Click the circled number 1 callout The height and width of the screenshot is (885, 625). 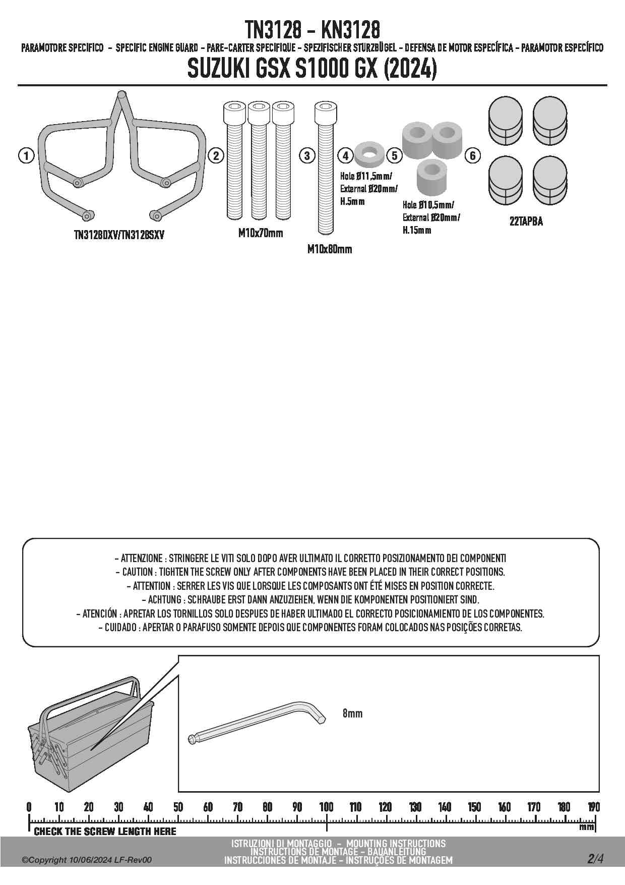click(26, 155)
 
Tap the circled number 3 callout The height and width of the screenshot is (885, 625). click(307, 155)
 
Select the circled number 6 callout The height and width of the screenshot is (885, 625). click(473, 155)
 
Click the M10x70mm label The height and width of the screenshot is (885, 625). click(261, 233)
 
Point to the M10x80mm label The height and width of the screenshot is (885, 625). click(330, 249)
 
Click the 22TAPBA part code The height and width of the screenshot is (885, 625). click(526, 222)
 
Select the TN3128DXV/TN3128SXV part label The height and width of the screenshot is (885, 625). click(119, 235)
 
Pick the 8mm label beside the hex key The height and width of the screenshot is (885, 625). click(352, 713)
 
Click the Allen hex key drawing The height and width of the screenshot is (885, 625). click(257, 722)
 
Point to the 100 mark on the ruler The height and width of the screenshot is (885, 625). click(327, 807)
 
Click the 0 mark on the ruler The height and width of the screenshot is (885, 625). click(29, 807)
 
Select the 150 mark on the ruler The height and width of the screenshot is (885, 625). click(474, 807)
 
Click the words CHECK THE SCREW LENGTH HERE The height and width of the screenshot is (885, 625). click(105, 831)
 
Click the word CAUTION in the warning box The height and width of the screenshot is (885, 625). click(137, 572)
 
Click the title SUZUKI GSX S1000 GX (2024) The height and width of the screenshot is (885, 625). click(312, 70)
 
